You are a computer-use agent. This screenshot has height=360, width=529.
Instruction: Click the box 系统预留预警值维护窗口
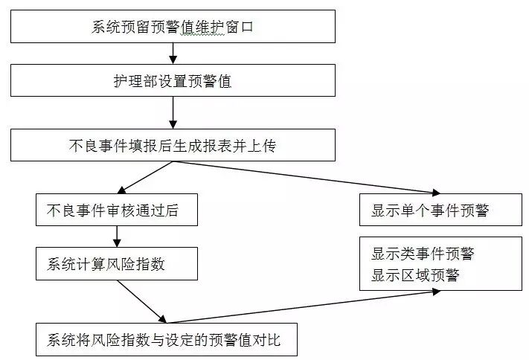(173, 27)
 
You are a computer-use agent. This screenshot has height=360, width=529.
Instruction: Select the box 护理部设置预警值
(173, 80)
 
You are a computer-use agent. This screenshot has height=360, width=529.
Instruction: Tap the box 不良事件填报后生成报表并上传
(173, 145)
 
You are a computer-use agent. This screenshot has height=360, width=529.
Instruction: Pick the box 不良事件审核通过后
(117, 210)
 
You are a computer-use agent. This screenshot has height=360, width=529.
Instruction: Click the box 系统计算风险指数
(117, 264)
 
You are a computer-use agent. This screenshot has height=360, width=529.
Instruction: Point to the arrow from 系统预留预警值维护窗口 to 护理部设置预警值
(173, 53)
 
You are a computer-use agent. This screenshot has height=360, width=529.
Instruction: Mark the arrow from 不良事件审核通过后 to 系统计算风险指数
(117, 237)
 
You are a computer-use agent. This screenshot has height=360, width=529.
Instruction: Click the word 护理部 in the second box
(127, 81)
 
